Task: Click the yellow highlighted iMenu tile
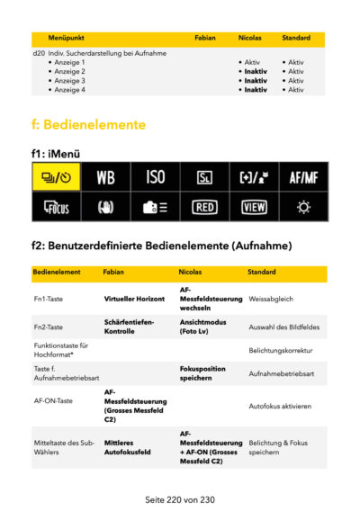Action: point(57,176)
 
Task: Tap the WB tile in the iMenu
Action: point(106,176)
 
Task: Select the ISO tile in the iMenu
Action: point(155,176)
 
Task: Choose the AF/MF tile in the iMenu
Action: point(302,176)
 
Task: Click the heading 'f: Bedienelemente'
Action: point(88,123)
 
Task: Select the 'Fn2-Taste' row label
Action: point(49,327)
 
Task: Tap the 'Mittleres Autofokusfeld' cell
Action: point(128,447)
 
